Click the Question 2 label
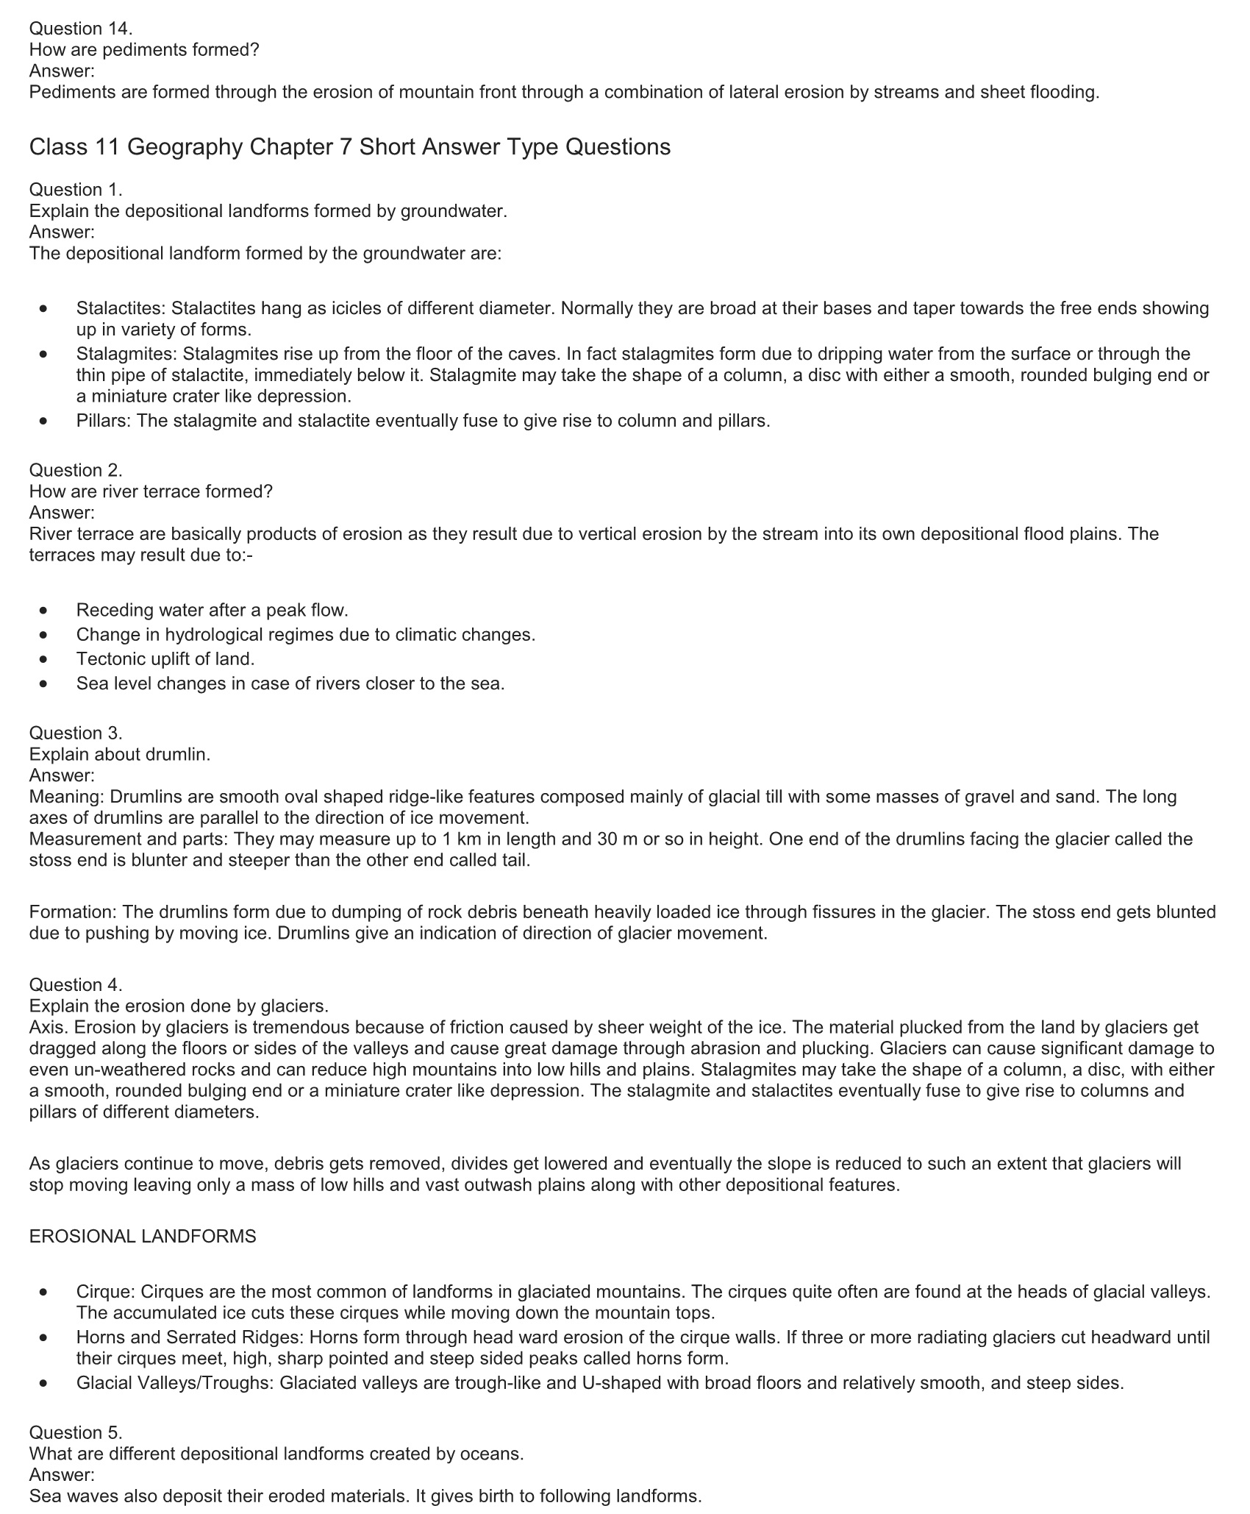coord(76,470)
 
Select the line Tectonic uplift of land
coord(165,658)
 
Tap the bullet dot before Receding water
coord(46,610)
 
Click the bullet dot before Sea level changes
coord(46,683)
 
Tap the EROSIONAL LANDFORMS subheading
coord(143,1236)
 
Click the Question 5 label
coord(76,1432)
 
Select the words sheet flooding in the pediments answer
coord(1040,92)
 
